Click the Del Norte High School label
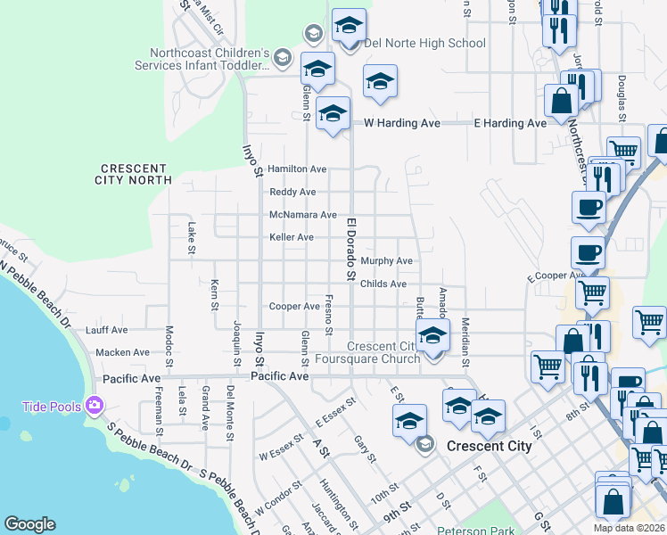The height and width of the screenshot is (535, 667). (x=424, y=43)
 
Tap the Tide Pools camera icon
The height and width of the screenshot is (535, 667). (x=95, y=407)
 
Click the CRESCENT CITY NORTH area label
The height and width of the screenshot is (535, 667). (x=135, y=174)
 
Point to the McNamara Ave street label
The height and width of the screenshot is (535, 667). (x=303, y=215)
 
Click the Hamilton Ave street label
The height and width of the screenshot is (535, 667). (x=297, y=169)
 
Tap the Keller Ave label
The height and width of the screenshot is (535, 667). (x=292, y=237)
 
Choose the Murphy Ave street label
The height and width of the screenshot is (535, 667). (x=386, y=261)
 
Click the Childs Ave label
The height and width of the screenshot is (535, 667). (x=384, y=284)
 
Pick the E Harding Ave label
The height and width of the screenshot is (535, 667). (x=509, y=123)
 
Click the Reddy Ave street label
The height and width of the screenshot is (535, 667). (x=292, y=192)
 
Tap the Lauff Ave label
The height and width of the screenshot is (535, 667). (x=107, y=330)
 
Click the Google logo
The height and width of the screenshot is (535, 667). (x=29, y=524)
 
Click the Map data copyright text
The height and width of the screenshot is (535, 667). (x=628, y=528)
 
